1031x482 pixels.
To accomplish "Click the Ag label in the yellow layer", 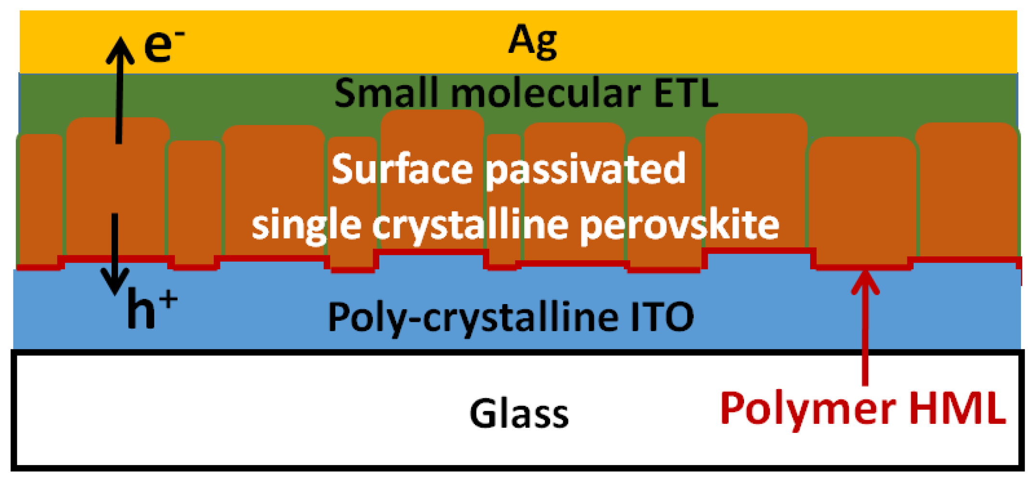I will [533, 42].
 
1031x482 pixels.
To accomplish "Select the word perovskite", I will [679, 225].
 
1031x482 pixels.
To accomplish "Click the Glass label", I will [519, 414].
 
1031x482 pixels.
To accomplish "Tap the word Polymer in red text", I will [808, 409].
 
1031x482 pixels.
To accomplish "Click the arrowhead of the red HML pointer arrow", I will [865, 282].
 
